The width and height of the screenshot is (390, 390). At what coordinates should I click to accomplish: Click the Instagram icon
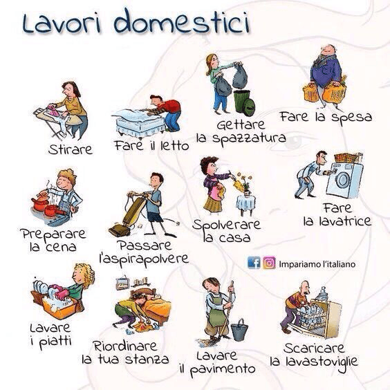coord(269,263)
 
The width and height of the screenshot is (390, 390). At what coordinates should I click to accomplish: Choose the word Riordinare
coord(125,345)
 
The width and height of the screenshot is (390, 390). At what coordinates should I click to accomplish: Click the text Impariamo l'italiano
coord(313,263)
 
